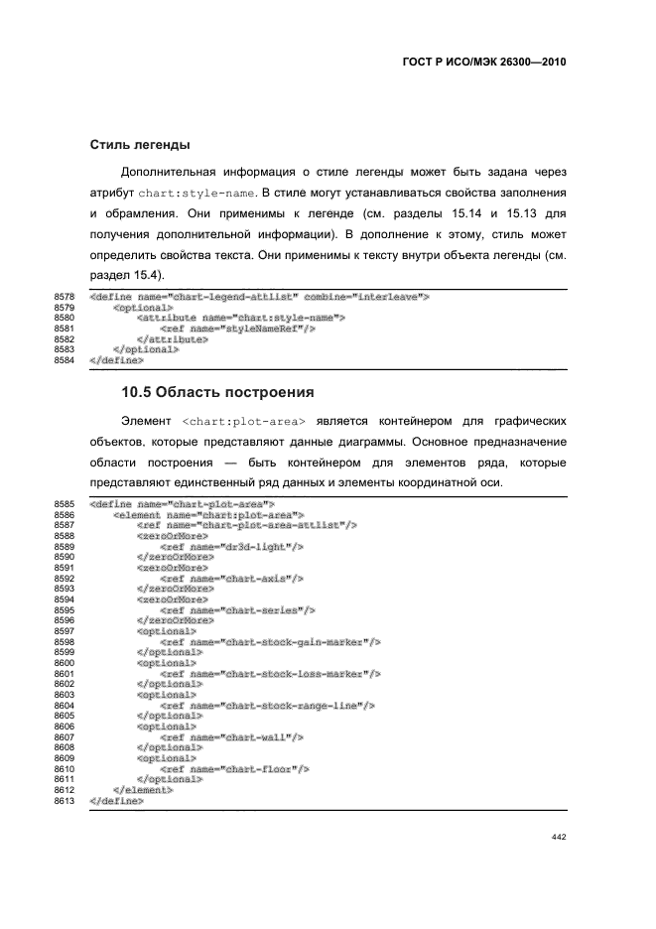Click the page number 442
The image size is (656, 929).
point(557,838)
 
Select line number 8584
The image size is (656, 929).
point(65,360)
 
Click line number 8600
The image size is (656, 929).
point(65,662)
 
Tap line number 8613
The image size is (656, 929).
point(65,801)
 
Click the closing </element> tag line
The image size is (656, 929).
point(143,790)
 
